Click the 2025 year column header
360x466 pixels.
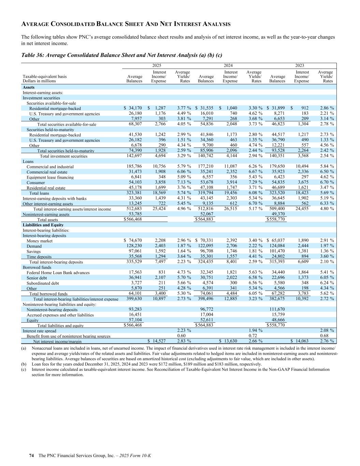pos(157,66)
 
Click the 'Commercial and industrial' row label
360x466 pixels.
pos(50,167)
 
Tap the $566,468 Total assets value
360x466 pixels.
pos(133,220)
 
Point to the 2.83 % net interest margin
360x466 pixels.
pos(183,341)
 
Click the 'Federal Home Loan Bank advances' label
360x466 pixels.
pos(58,273)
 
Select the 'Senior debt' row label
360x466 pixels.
pos(37,278)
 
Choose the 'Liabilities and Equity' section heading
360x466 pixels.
pos(43,225)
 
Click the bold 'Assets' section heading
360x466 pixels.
pos(28,88)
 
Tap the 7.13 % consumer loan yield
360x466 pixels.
pos(183,183)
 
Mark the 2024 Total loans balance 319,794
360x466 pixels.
pos(205,193)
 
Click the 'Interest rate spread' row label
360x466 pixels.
pos(39,331)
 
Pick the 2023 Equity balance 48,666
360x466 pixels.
pos(277,320)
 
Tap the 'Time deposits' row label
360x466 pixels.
pos(39,257)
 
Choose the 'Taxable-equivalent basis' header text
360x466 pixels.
pos(45,77)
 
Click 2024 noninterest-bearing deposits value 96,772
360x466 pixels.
pos(206,310)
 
